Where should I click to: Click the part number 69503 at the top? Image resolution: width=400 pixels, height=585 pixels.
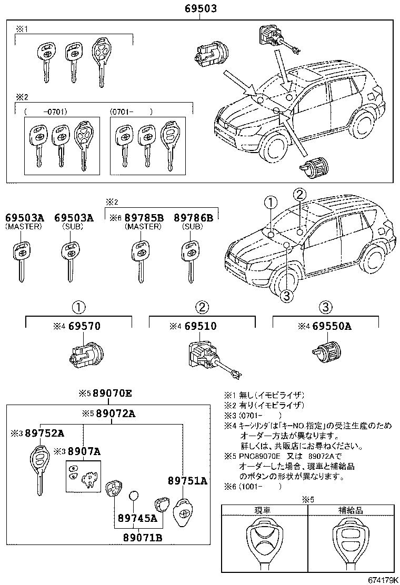click(x=200, y=9)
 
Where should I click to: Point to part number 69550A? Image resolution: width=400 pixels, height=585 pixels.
click(x=332, y=327)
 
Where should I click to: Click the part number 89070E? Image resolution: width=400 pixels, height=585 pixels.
click(x=112, y=394)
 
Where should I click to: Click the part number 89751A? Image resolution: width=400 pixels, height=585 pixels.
click(x=187, y=481)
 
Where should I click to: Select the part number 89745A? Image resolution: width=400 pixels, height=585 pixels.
click(x=138, y=518)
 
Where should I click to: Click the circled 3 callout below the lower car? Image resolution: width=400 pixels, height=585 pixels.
click(x=286, y=296)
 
